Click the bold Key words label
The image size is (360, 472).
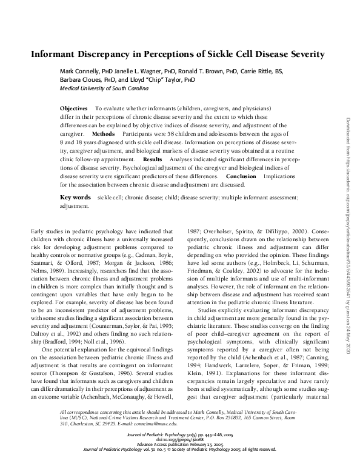75,198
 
